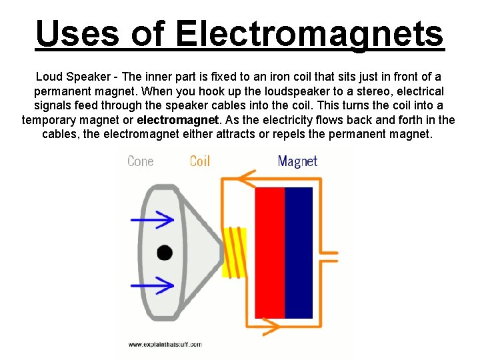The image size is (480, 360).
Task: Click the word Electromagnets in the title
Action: (x=309, y=33)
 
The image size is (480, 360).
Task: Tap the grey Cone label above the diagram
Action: (x=140, y=161)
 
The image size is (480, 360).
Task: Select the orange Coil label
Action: (x=200, y=161)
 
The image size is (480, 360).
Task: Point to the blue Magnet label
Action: (x=297, y=161)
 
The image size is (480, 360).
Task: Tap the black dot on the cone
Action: (x=165, y=253)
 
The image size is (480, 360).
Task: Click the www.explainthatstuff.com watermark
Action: (x=165, y=344)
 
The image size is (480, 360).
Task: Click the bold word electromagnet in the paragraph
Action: (x=178, y=120)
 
